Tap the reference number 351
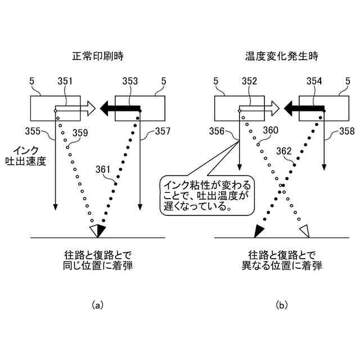pos(65,82)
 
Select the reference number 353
pos(130,82)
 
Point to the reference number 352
pos(249,82)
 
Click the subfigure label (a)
pos(97,305)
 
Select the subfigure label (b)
pos(281,305)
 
